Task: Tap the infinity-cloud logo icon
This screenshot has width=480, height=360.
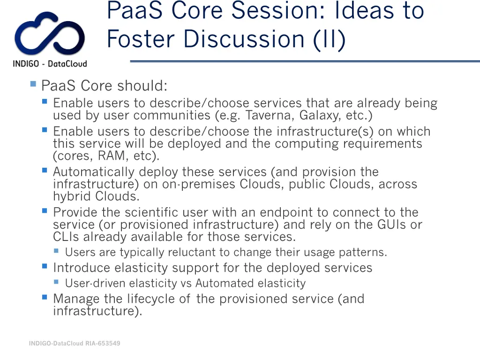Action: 49,35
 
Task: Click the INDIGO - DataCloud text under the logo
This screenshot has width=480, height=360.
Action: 50,64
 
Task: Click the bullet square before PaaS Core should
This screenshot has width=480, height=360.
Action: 33,84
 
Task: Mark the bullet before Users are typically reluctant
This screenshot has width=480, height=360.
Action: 56,251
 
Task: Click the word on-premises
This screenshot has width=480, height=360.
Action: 199,184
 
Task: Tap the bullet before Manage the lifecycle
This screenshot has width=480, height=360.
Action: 45,297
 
